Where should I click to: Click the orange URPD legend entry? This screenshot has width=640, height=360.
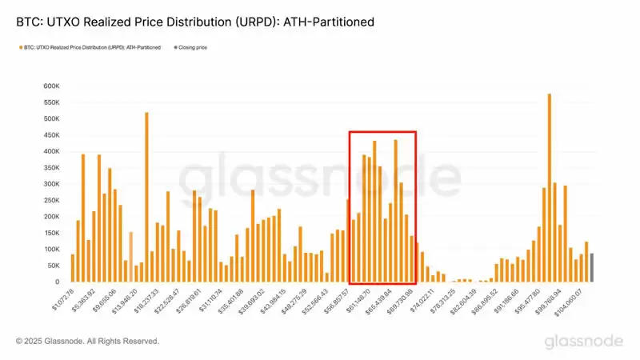pyautogui.click(x=87, y=48)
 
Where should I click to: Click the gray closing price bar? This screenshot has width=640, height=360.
pyautogui.click(x=592, y=267)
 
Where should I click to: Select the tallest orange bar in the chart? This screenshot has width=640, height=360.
pyautogui.click(x=549, y=188)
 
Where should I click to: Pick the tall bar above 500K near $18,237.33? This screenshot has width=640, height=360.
pyautogui.click(x=146, y=197)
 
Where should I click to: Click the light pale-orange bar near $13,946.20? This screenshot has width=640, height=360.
pyautogui.click(x=130, y=257)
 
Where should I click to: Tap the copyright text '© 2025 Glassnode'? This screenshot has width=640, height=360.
pyautogui.click(x=87, y=342)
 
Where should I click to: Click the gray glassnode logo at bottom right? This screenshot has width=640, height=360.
pyautogui.click(x=584, y=342)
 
